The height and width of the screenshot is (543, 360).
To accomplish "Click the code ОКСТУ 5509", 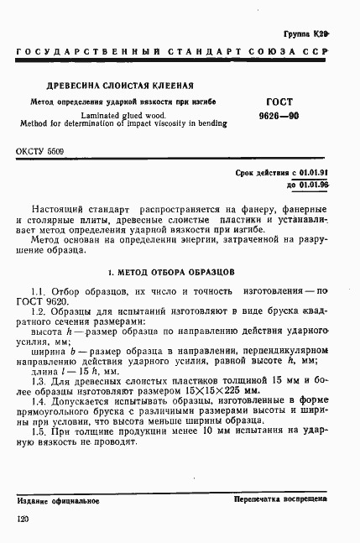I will pos(39,152).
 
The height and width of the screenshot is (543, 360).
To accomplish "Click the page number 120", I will pos(23,520).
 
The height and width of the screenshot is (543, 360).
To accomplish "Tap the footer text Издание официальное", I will pos(58,501).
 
